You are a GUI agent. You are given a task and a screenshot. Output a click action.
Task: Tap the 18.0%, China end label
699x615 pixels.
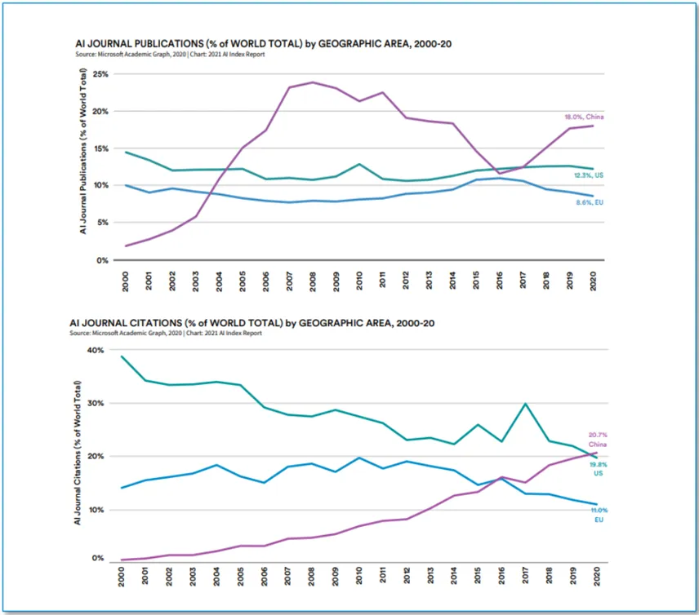584,117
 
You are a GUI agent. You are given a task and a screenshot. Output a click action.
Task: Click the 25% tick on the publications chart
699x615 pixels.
100,73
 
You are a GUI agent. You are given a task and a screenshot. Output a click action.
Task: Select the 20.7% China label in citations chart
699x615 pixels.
599,440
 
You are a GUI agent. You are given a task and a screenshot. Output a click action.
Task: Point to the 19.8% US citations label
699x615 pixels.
599,468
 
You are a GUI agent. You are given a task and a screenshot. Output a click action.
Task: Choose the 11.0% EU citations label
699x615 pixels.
599,514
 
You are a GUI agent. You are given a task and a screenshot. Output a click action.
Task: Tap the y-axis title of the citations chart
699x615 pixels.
78,451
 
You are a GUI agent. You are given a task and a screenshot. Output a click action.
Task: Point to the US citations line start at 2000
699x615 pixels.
121,356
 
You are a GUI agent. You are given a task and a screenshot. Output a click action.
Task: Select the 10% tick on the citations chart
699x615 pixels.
97,510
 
